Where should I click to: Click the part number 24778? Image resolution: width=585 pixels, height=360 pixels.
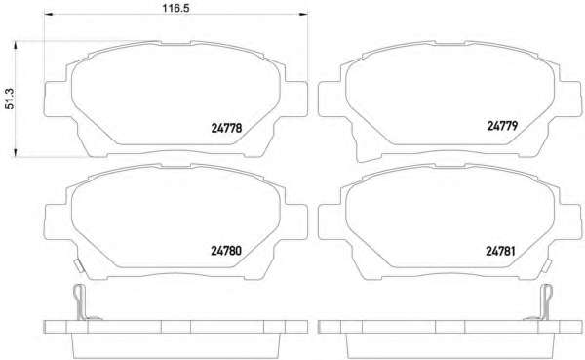click(x=226, y=128)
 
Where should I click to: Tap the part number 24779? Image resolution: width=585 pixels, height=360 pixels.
click(x=502, y=126)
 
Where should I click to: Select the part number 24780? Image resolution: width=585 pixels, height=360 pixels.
click(x=226, y=250)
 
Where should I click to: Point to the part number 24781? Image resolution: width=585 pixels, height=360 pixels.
click(x=500, y=251)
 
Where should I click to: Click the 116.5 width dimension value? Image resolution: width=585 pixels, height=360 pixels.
click(x=175, y=8)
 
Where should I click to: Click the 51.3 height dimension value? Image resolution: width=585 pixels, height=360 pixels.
click(x=10, y=99)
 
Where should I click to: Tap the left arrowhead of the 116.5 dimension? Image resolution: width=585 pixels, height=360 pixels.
click(x=49, y=14)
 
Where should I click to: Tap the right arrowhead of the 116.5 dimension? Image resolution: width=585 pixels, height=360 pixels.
click(x=303, y=14)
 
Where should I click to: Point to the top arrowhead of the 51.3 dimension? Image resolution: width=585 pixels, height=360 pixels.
click(x=16, y=46)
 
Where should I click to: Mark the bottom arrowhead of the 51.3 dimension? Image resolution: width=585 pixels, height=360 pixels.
click(x=16, y=152)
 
